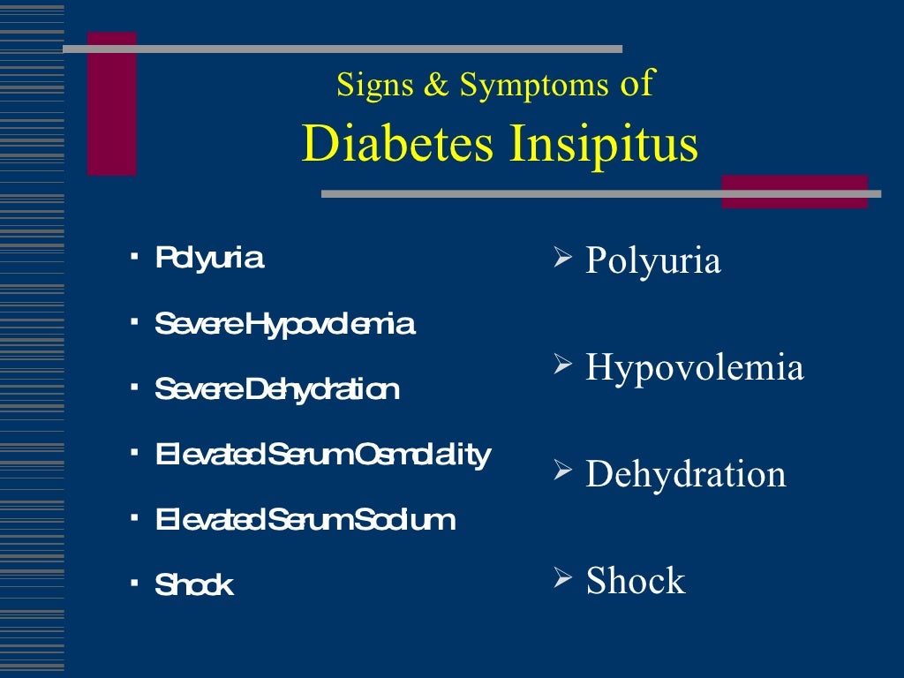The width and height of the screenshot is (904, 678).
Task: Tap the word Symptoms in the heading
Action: tap(534, 85)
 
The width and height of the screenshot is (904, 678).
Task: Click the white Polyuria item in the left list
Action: tap(209, 258)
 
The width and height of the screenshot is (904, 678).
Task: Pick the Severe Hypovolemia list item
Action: tap(284, 324)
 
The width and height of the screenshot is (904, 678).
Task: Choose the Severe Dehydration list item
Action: tap(276, 388)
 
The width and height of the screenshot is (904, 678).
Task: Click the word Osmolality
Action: tap(422, 455)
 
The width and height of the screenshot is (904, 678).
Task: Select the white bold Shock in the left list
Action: tap(194, 584)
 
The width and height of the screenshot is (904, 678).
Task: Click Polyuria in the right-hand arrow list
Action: tap(653, 260)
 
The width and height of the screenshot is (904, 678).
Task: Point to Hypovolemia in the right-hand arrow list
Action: tap(695, 367)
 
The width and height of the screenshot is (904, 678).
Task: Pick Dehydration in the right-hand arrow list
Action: tap(686, 474)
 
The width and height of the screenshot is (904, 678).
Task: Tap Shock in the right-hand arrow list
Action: tap(636, 581)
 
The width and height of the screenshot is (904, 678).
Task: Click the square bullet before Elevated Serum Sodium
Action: tap(134, 517)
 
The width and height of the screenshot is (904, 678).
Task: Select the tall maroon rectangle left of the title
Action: tap(112, 103)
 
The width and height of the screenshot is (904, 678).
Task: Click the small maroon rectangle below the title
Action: tap(795, 192)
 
